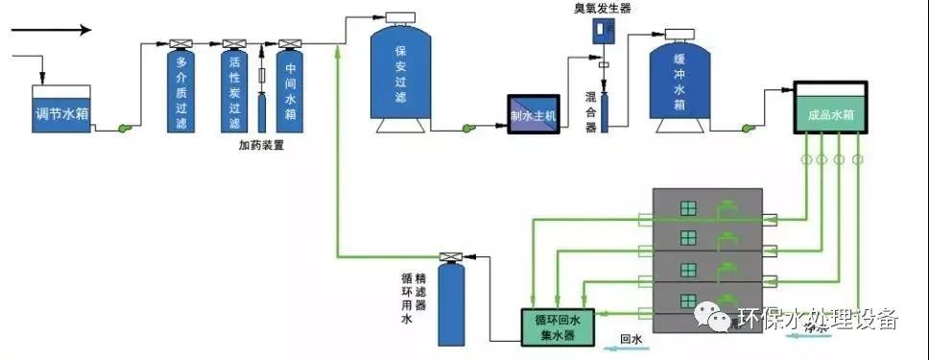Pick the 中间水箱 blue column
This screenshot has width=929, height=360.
click(290, 92)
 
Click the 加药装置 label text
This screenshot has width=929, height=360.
click(262, 146)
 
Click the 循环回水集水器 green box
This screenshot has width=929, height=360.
click(557, 324)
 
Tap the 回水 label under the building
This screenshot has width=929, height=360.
click(630, 338)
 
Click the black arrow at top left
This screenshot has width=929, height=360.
click(52, 30)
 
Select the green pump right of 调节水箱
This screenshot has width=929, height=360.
click(125, 128)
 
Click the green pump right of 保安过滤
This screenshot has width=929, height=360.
click(469, 128)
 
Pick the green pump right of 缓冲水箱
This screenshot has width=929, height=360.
click(750, 126)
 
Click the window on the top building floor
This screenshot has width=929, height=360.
click(687, 207)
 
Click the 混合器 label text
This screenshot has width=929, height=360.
click(591, 112)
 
